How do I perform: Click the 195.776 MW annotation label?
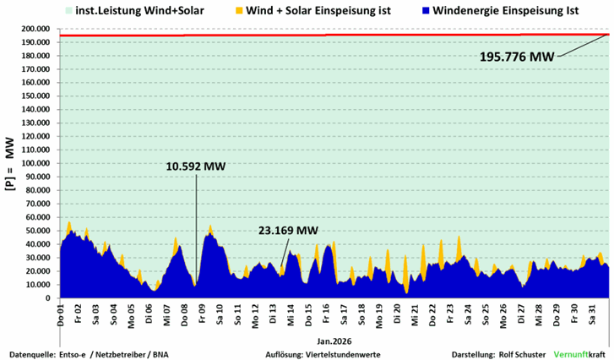point(517,57)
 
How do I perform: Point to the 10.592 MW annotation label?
point(196,166)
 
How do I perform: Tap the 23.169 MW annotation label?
point(289,230)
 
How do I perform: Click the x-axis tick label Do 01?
point(61,312)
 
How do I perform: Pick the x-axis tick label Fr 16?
point(327,312)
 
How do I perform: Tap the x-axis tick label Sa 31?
point(593,312)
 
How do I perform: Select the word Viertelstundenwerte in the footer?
point(345,353)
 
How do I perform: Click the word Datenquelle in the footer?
point(32,353)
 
